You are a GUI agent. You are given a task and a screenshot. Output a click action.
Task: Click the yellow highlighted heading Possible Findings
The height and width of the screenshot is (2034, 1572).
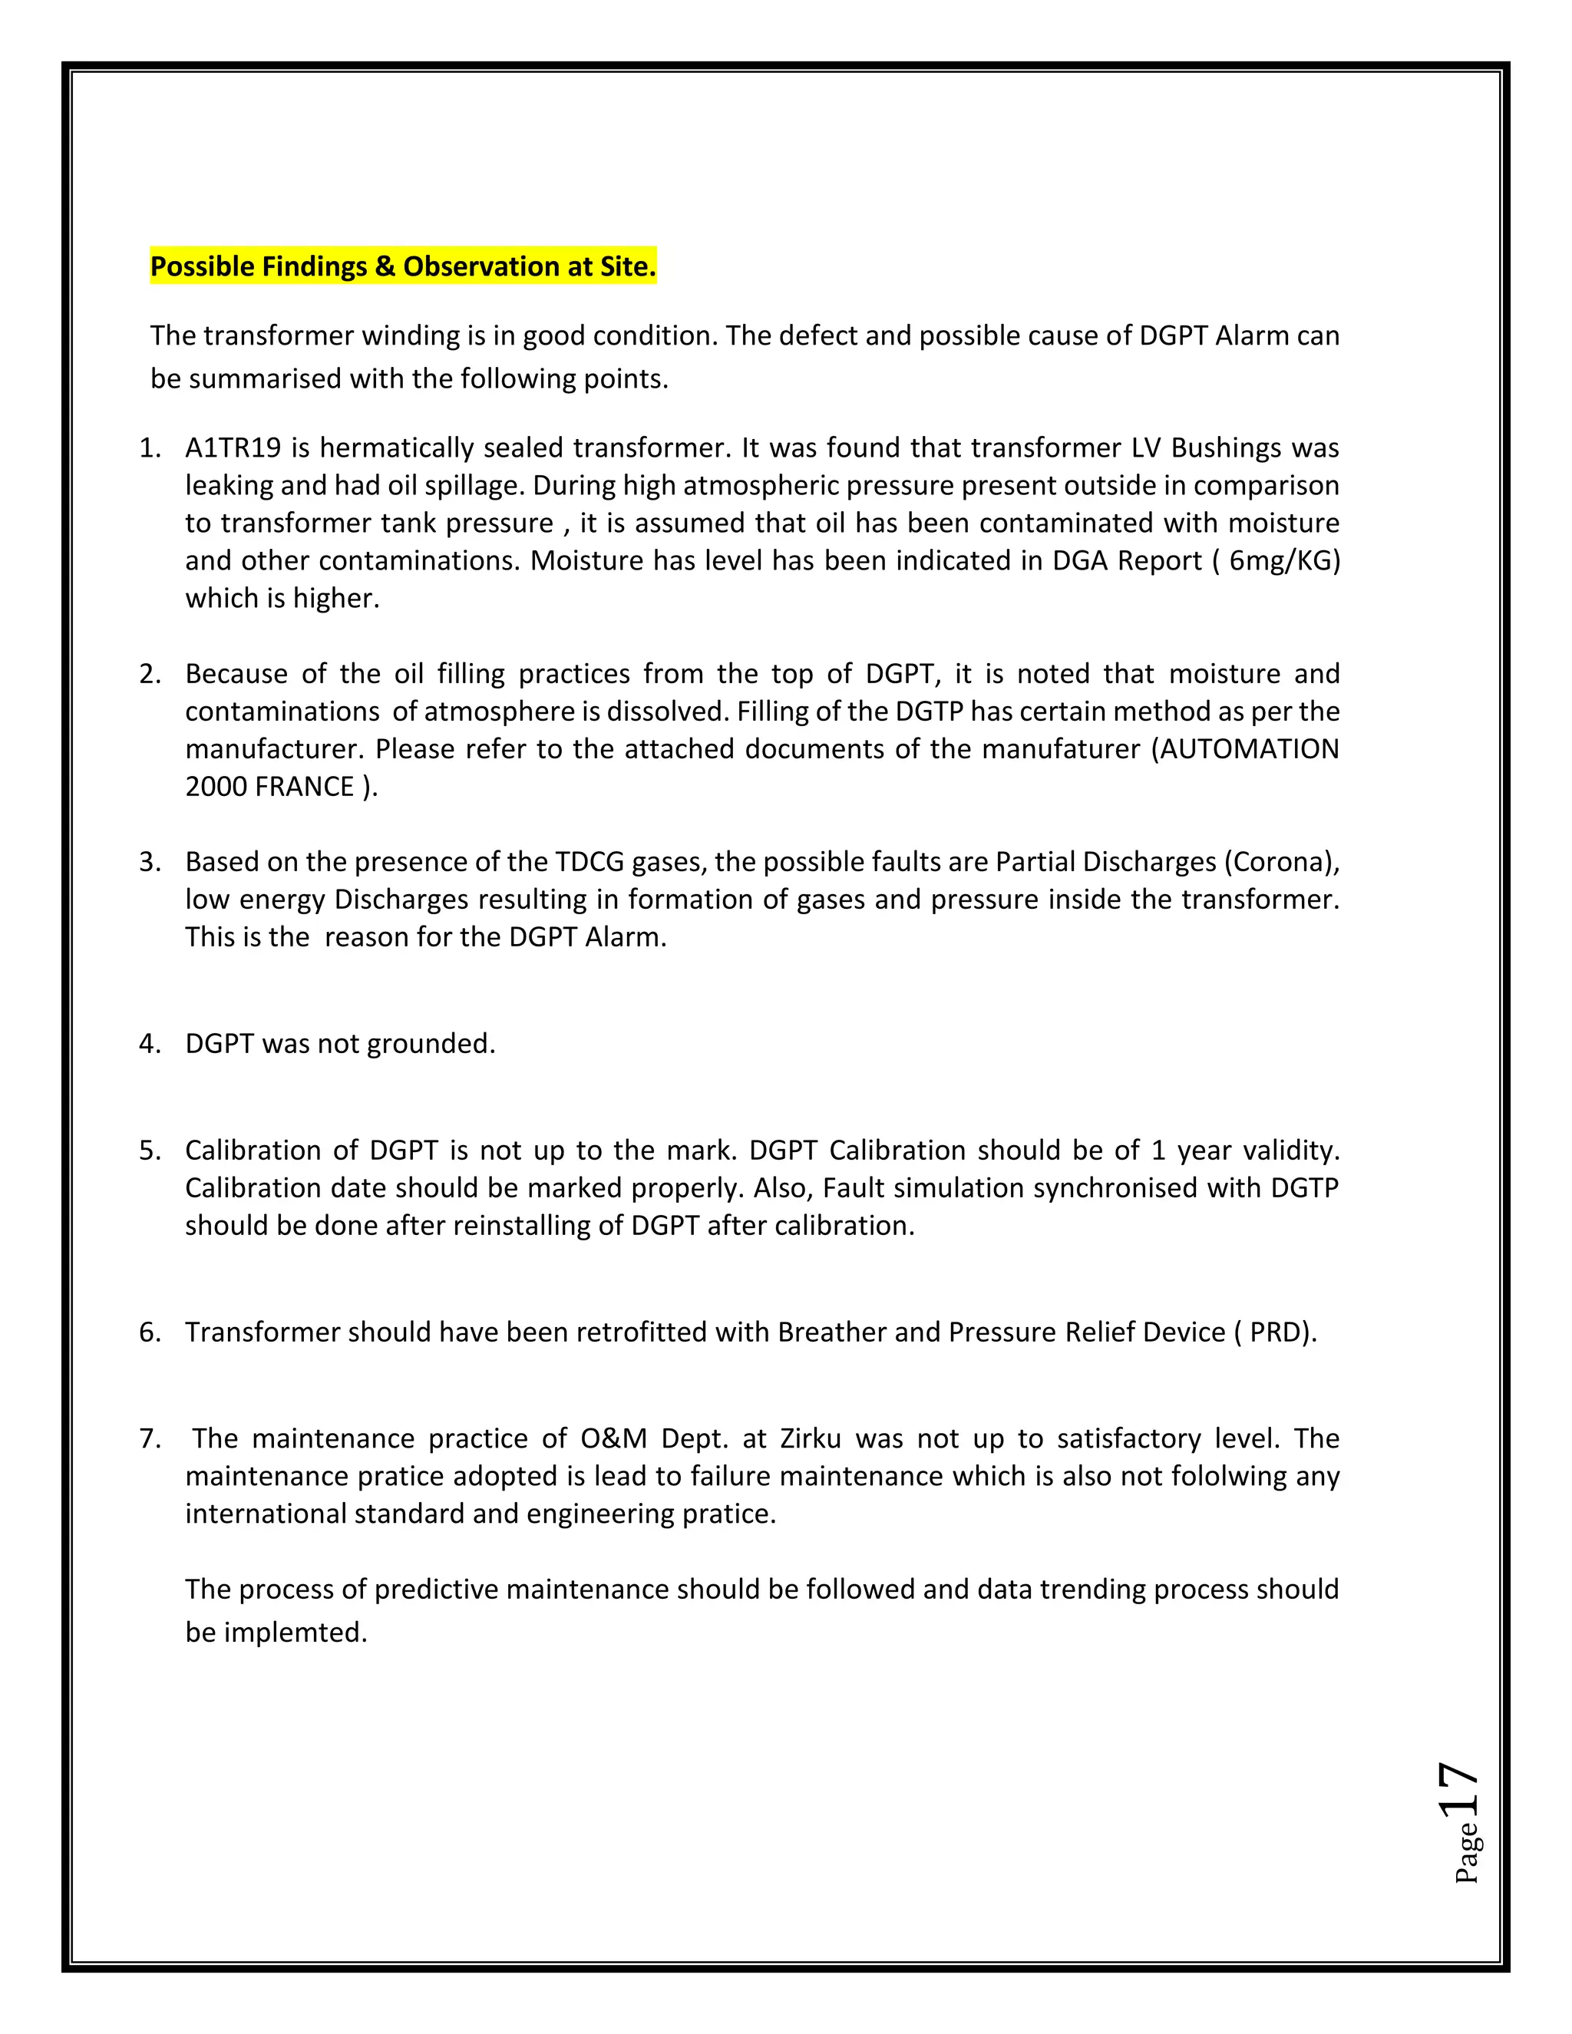(402, 266)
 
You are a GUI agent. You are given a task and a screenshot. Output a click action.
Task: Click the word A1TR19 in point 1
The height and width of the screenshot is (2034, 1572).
(233, 448)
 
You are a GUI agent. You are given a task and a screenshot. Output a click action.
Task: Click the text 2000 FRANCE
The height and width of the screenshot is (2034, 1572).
(270, 787)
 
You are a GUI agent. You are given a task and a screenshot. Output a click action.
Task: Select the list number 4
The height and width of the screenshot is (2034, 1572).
(148, 1044)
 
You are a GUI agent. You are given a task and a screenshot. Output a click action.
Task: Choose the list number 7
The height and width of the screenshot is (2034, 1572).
(148, 1439)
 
